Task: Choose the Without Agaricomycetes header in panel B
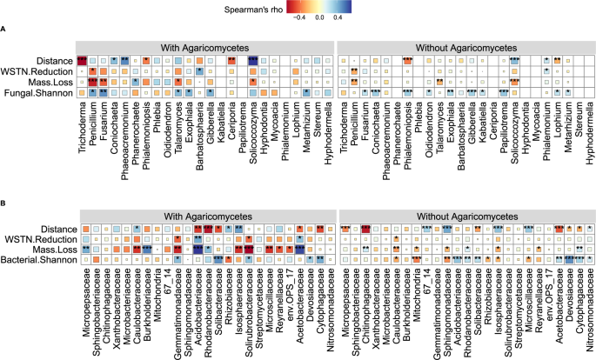tap(464, 214)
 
